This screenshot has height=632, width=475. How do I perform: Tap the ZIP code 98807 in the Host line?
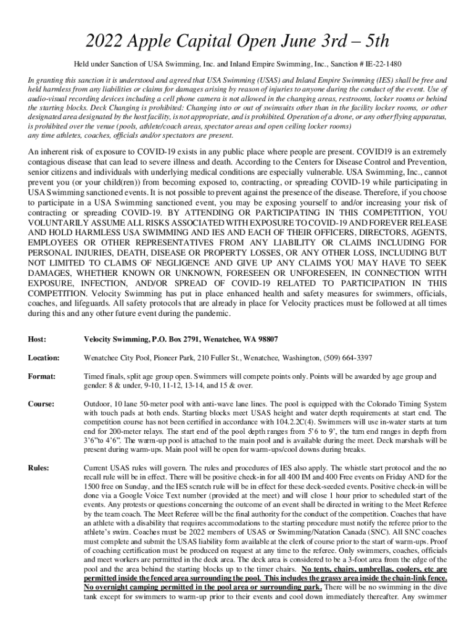tap(266, 339)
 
